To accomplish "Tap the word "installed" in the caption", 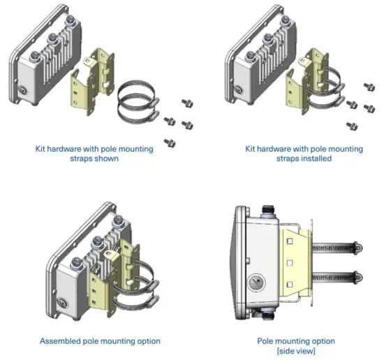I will tap(313, 159).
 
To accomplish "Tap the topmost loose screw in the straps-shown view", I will tap(187, 102).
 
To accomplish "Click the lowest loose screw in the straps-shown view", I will tap(168, 142).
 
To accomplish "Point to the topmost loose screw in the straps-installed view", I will tap(368, 87).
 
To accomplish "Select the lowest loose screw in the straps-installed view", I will tap(352, 126).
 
